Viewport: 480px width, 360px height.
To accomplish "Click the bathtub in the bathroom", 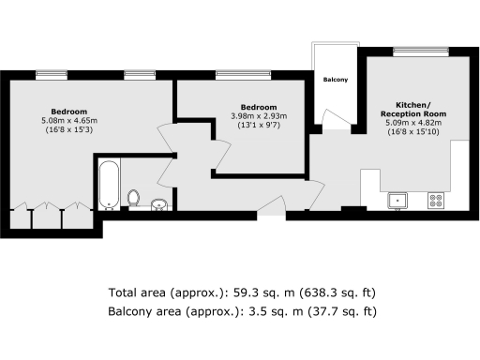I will [108, 185].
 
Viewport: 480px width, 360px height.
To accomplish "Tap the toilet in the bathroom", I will [134, 198].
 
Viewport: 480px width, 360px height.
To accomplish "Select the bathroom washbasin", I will [157, 204].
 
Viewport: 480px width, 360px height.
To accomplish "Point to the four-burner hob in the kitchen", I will [435, 200].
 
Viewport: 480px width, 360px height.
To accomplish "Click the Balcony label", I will [336, 80].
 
